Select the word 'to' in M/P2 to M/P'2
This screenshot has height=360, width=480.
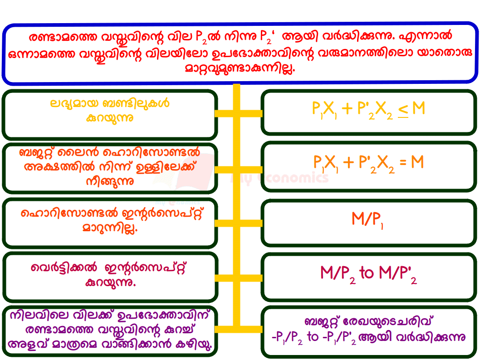367,273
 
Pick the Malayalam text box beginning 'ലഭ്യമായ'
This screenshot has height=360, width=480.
109,114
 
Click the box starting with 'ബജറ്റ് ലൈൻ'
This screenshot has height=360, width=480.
109,168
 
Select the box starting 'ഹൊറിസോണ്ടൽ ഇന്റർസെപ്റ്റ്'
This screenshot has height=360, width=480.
109,223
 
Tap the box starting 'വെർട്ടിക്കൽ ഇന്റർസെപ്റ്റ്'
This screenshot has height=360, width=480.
109,276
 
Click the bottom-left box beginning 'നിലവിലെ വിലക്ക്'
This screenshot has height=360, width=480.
109,331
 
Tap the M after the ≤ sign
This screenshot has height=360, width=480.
419,108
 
